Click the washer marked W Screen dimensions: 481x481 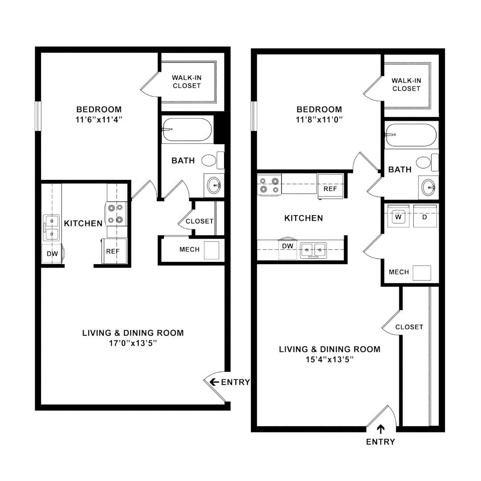click(398, 216)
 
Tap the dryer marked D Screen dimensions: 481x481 click(425, 216)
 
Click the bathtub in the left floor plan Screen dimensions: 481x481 click(187, 130)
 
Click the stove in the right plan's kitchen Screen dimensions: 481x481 click(269, 184)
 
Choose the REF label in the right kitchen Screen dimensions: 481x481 click(330, 189)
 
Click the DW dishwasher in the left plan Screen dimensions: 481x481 click(52, 254)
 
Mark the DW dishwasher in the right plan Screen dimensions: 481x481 click(287, 246)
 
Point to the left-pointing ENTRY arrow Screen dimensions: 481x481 click(214, 382)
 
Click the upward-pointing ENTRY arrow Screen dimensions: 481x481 click(381, 429)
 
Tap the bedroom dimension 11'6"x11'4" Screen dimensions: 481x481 click(99, 119)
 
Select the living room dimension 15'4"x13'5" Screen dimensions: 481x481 click(330, 360)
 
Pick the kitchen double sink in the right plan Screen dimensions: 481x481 click(314, 250)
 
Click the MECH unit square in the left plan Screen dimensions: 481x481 click(212, 250)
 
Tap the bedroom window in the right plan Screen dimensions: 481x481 click(254, 116)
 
